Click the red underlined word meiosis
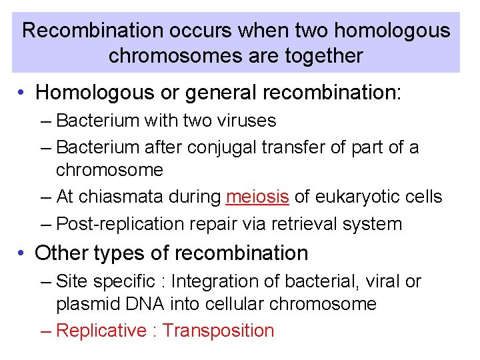point(257,197)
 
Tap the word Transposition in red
point(218,331)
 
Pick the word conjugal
point(221,147)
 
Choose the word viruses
point(242,121)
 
